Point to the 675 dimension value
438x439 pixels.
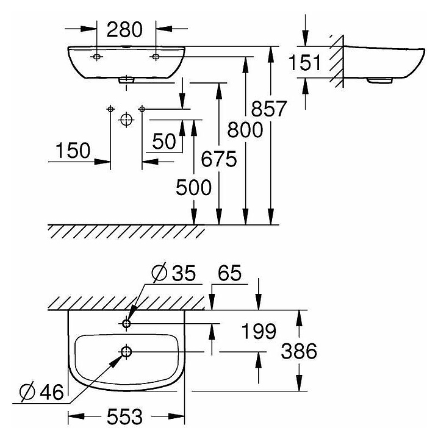[x=218, y=160]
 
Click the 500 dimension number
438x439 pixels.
[x=193, y=187]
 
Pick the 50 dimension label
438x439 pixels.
[x=164, y=141]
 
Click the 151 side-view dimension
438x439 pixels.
[x=306, y=63]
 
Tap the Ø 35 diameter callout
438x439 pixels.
[x=173, y=273]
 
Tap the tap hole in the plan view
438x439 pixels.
[x=127, y=323]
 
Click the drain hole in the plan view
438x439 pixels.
[x=127, y=352]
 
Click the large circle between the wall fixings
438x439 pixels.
[x=126, y=119]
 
